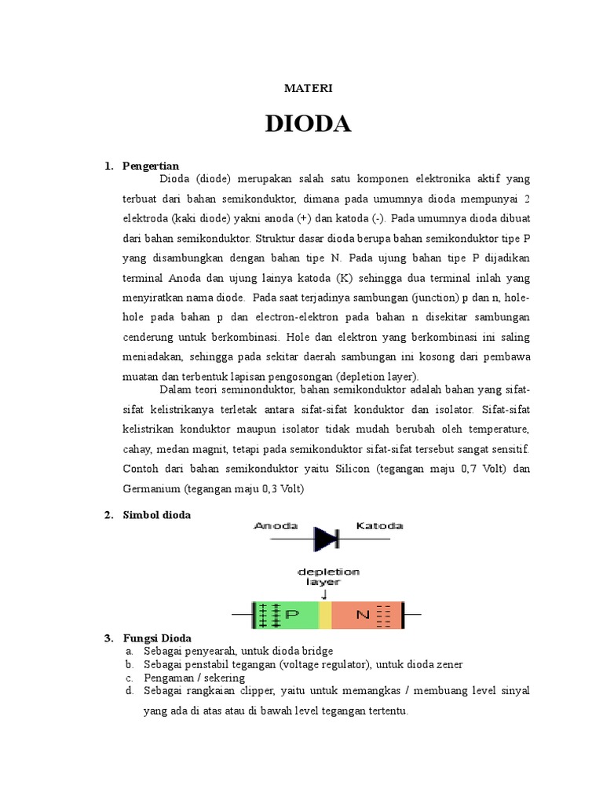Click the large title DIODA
point(308,124)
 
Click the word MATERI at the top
point(309,88)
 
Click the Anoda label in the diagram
point(276,526)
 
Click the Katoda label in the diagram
point(380,526)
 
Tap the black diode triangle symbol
point(326,539)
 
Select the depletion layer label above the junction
point(328,577)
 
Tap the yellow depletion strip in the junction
point(325,615)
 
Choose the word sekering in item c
point(224,678)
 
